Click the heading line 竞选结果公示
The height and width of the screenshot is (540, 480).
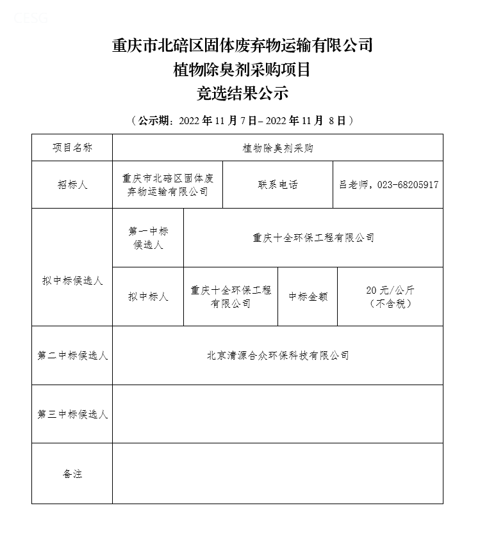tap(242, 93)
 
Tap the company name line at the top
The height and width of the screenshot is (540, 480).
tap(242, 45)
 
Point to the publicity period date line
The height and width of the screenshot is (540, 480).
tap(242, 120)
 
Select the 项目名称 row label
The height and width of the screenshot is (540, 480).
tap(72, 148)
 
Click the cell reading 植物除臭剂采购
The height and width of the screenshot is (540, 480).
tap(277, 148)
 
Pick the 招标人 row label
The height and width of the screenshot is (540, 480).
tap(72, 184)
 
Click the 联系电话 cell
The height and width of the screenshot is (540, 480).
tap(277, 184)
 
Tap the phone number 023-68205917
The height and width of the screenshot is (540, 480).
tap(408, 184)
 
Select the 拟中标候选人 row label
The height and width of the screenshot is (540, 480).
tap(72, 280)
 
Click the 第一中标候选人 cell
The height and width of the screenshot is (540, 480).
tap(148, 237)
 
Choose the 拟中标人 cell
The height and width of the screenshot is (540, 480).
tap(148, 296)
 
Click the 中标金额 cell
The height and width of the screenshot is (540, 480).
tap(308, 296)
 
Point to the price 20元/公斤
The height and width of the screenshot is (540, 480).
tap(390, 290)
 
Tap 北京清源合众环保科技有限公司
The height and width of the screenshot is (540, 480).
tap(277, 355)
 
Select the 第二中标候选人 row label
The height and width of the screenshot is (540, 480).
tap(72, 355)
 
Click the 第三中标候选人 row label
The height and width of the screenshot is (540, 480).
tap(72, 414)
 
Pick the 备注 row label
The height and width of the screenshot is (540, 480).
tap(72, 474)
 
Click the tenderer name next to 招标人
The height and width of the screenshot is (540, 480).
tap(167, 184)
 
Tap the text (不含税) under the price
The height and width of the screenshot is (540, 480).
tap(390, 303)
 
